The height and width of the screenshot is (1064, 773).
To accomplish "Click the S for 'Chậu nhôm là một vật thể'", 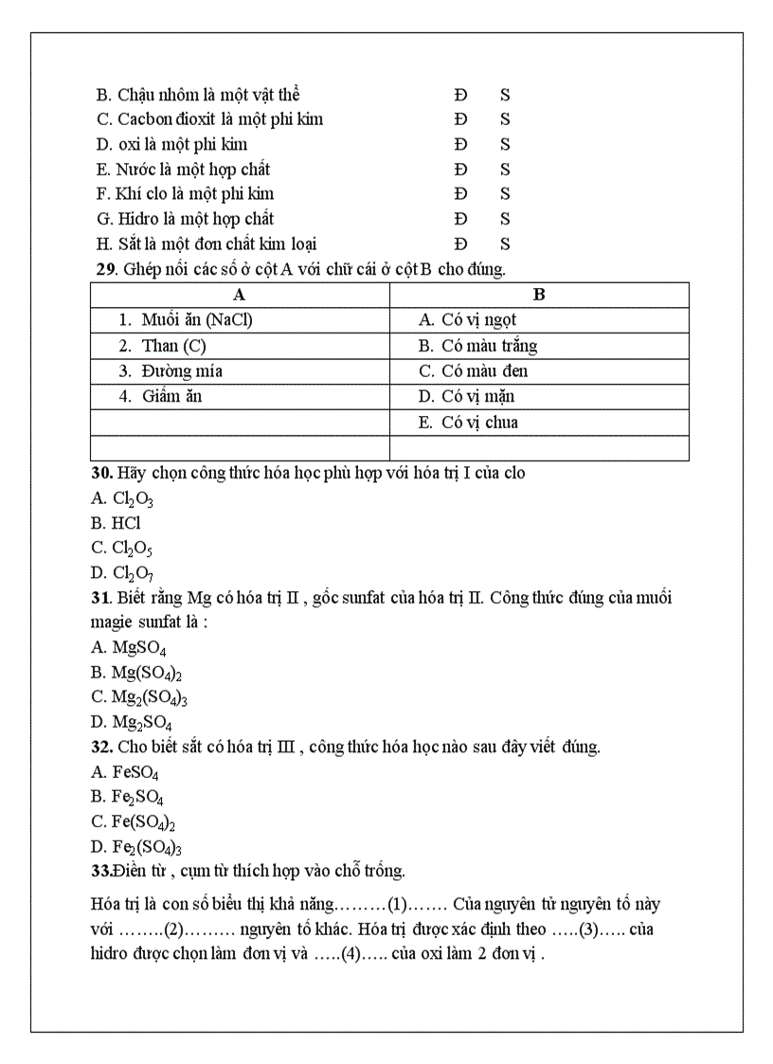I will click(x=505, y=95).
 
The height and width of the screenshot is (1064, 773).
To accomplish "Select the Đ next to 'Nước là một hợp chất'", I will click(x=460, y=170).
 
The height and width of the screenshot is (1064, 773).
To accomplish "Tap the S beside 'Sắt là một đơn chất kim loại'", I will click(x=505, y=244).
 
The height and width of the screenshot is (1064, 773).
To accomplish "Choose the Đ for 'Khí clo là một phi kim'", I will click(x=460, y=194).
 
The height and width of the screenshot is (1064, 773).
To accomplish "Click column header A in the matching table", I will click(x=240, y=295).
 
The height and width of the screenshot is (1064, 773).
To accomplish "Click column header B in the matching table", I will click(x=539, y=295).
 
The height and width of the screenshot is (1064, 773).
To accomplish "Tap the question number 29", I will click(x=104, y=269).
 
